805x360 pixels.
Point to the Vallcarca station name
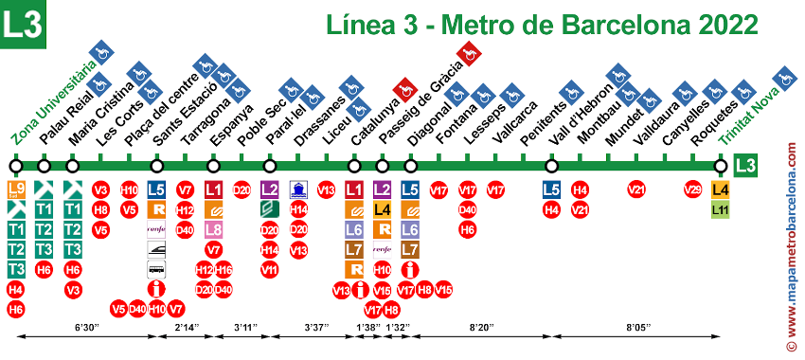tap(516, 122)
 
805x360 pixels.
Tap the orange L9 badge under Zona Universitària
tap(16, 189)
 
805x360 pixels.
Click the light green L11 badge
tap(721, 209)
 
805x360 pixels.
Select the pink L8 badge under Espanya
tap(214, 229)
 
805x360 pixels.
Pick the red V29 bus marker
tap(693, 189)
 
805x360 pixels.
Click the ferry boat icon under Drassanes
tap(298, 189)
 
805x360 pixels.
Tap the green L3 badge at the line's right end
tap(747, 166)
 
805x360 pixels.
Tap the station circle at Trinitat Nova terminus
tap(721, 167)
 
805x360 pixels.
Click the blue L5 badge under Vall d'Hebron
tap(551, 189)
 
